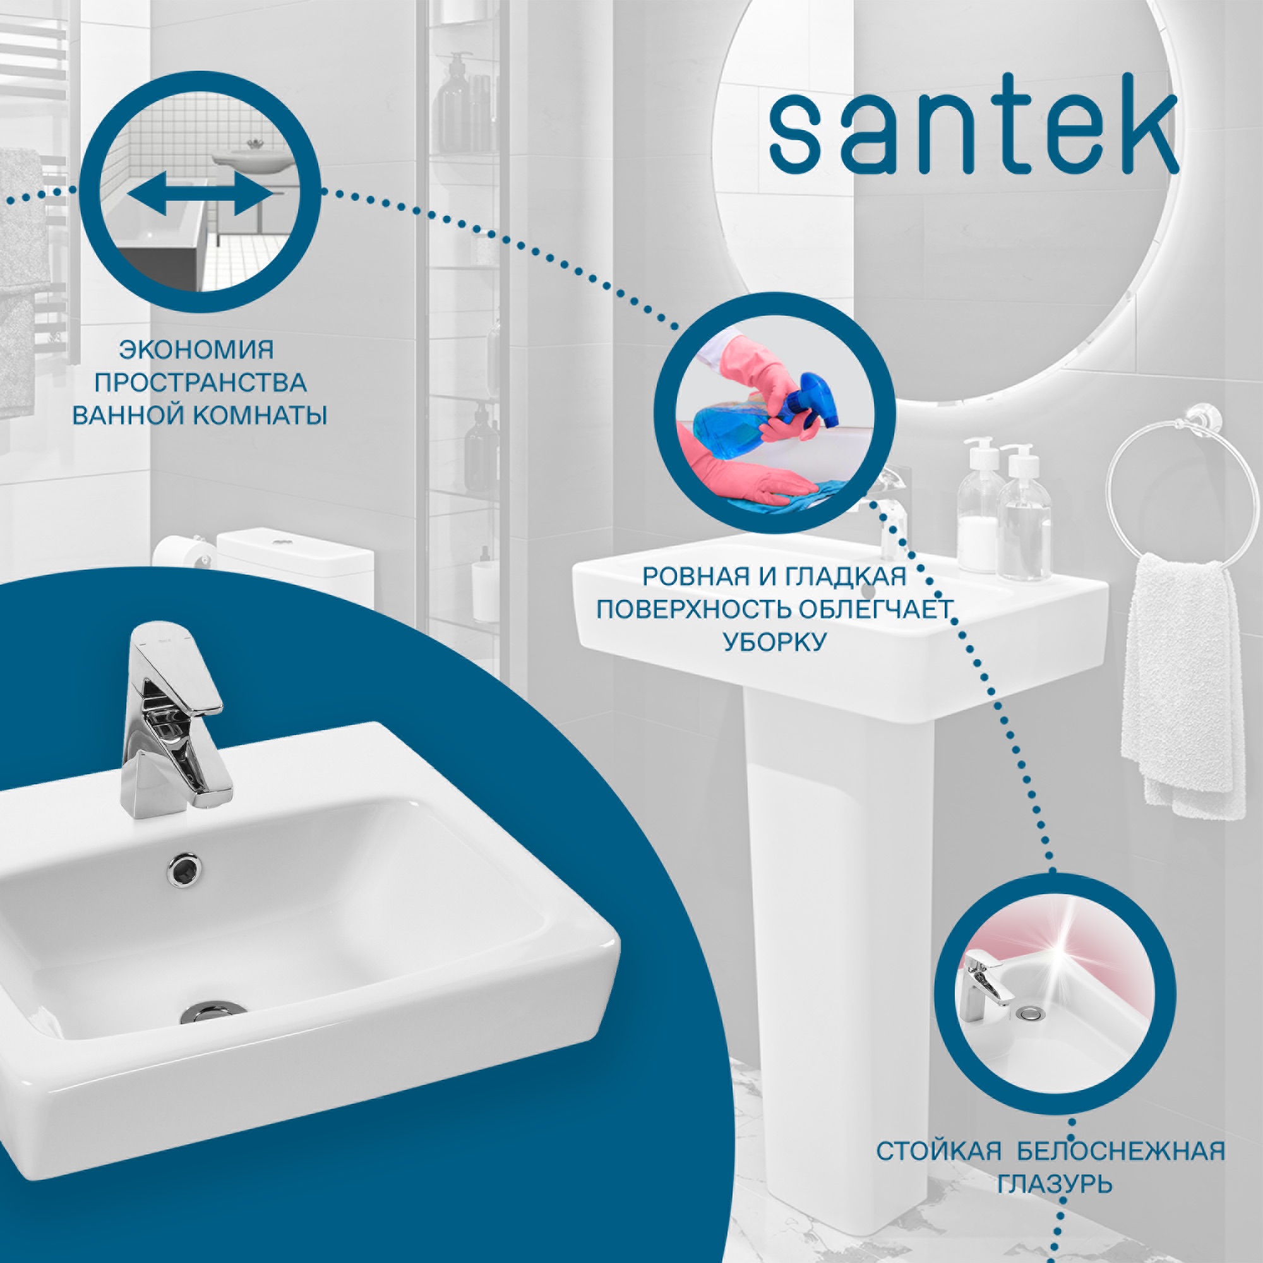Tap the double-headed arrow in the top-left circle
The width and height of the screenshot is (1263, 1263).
pyautogui.click(x=200, y=194)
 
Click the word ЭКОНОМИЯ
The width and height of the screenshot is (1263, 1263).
pyautogui.click(x=196, y=350)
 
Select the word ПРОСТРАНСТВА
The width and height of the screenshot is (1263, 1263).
pyautogui.click(x=200, y=383)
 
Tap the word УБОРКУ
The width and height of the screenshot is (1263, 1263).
pyautogui.click(x=775, y=642)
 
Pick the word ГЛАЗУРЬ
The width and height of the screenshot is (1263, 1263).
pyautogui.click(x=1055, y=1184)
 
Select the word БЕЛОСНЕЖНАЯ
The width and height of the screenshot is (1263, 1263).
pyautogui.click(x=1121, y=1151)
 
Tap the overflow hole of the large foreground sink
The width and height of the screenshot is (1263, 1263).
pyautogui.click(x=184, y=870)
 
